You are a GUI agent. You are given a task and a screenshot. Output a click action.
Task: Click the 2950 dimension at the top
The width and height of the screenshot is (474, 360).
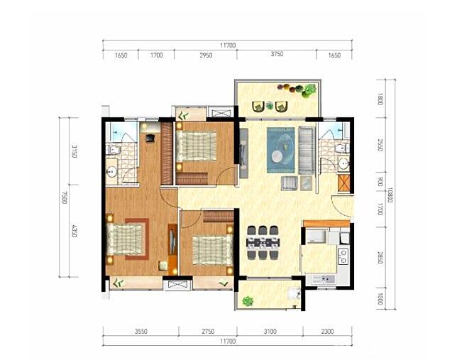coord(206,55)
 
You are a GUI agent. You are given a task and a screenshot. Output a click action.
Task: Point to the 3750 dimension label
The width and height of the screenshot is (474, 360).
coord(277,54)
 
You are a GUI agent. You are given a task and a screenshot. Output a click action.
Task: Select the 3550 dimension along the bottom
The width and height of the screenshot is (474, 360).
coord(141,332)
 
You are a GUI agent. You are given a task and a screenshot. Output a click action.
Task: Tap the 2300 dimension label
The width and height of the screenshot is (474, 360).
coord(327,332)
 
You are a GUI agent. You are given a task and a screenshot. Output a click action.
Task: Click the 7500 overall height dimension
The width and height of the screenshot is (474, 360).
coord(65,197)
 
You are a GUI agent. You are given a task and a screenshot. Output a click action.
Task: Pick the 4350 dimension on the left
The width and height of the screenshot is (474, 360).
coord(75,230)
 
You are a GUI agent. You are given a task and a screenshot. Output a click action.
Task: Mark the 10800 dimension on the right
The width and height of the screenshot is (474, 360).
coord(390,195)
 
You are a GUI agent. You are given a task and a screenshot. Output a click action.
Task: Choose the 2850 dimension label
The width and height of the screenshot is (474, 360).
coord(380,257)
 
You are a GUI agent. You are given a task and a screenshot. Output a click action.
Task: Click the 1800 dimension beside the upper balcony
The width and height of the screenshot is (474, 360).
coord(380,99)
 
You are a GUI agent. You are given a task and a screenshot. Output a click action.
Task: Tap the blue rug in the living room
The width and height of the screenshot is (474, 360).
coord(280,150)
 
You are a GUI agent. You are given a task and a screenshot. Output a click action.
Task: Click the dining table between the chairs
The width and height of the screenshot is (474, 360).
coord(263,243)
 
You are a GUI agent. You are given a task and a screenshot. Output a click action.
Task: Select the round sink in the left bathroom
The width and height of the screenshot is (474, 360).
coord(112,173)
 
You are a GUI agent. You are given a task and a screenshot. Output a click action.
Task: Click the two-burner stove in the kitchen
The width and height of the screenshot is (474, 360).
coord(343,256)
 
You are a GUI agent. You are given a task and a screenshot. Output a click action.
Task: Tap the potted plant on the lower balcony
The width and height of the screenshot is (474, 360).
coord(248,301)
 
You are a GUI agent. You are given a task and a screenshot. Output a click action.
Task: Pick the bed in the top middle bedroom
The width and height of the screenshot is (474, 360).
coord(196,146)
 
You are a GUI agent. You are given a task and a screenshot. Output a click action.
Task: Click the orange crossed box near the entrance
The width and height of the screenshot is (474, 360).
coord(343,183)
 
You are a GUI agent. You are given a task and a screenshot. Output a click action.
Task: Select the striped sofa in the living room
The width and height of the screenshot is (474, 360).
coord(307,150)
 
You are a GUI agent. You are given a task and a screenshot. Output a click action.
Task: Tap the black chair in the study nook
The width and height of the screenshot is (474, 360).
coord(150,138)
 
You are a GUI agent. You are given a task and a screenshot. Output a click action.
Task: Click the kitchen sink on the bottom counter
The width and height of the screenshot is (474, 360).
coord(323,280)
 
